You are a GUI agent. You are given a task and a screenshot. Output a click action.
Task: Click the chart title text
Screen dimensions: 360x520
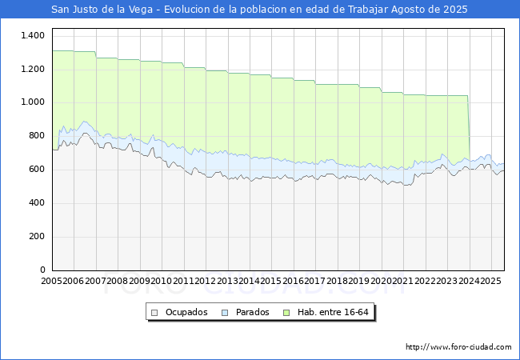tap(260, 10)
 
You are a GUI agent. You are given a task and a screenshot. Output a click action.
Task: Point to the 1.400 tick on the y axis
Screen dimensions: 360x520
tap(33, 36)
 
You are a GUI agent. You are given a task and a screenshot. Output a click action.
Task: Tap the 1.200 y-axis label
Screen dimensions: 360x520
tap(33, 70)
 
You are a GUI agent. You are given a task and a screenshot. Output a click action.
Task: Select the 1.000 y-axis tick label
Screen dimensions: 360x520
tap(33, 102)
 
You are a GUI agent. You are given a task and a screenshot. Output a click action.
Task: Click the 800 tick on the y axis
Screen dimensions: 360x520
tap(36, 136)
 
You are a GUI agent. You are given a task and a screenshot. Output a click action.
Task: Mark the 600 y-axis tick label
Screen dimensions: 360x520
tap(36, 170)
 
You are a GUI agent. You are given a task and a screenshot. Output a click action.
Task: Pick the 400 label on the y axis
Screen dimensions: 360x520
tap(36, 203)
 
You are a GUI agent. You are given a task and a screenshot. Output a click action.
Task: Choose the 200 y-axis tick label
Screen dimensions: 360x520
tap(36, 237)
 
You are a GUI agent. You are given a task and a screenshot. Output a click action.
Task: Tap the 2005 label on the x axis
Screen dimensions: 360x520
tap(52, 282)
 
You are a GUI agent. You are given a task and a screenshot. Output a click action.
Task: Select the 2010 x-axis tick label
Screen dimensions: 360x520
tap(162, 282)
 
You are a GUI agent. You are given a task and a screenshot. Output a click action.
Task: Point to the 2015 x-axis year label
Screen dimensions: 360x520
tap(271, 282)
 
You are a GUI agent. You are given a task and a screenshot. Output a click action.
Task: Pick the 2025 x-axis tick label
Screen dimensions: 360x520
tap(490, 282)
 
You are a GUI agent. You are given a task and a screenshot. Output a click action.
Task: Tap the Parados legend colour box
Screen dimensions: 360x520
tap(226, 312)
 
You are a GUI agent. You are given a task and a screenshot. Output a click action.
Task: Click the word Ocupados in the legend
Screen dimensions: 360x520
tap(186, 312)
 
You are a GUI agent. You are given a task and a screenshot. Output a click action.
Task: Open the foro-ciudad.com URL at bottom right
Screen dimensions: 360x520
tap(458, 347)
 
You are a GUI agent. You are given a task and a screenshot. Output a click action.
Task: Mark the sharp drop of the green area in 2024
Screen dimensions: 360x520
tap(469, 128)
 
